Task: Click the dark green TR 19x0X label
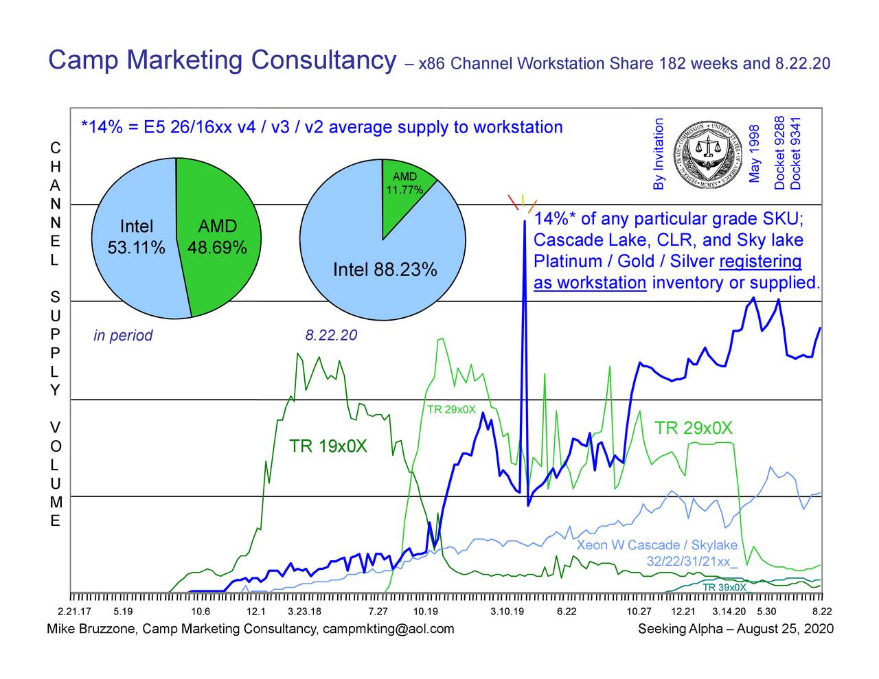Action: point(328,447)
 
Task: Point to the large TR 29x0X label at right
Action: point(694,429)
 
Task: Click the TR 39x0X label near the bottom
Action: point(724,588)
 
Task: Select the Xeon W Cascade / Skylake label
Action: point(657,545)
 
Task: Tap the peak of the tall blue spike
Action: point(525,221)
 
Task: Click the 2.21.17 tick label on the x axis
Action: point(74,612)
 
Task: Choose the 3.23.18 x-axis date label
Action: point(304,612)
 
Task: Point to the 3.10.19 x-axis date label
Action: point(507,612)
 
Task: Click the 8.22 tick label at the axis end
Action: point(822,612)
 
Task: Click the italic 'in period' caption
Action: point(123,336)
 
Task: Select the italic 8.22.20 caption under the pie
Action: point(331,335)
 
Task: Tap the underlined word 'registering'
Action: point(760,262)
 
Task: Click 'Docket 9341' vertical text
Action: point(796,154)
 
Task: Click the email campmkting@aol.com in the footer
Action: point(388,629)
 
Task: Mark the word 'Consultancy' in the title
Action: point(323,60)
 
